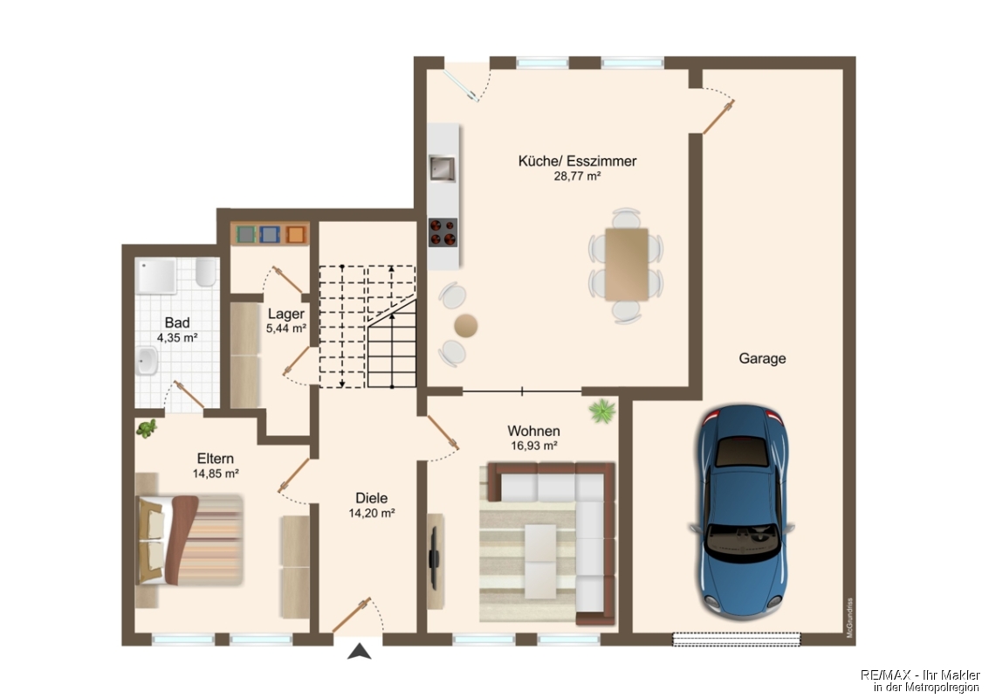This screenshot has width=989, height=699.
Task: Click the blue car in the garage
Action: pos(742,512)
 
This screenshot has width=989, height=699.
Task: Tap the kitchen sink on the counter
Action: pos(442,169)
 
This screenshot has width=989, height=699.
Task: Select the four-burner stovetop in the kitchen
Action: pos(443,232)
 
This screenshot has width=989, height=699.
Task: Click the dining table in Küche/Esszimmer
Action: pos(627,265)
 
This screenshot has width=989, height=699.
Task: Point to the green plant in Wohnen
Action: pos(602,411)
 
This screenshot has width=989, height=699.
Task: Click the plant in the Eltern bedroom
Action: pos(147,429)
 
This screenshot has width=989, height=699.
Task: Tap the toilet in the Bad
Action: pos(206,271)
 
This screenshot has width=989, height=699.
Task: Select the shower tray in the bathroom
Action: pos(156,276)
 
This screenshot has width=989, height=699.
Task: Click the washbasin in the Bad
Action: pos(147,361)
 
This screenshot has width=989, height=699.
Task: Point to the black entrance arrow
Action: pos(359,652)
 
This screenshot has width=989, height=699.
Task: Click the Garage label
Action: pos(762,358)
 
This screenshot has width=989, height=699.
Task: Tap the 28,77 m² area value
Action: pos(576,176)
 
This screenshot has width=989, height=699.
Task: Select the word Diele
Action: pos(372,498)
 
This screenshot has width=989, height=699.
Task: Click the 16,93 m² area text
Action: pos(533,446)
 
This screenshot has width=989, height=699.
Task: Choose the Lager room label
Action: pos(285,314)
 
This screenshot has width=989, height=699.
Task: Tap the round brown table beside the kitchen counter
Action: pos(465,326)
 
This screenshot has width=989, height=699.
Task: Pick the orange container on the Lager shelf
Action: pos(295,235)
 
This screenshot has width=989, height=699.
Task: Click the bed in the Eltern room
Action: pos(189,540)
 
